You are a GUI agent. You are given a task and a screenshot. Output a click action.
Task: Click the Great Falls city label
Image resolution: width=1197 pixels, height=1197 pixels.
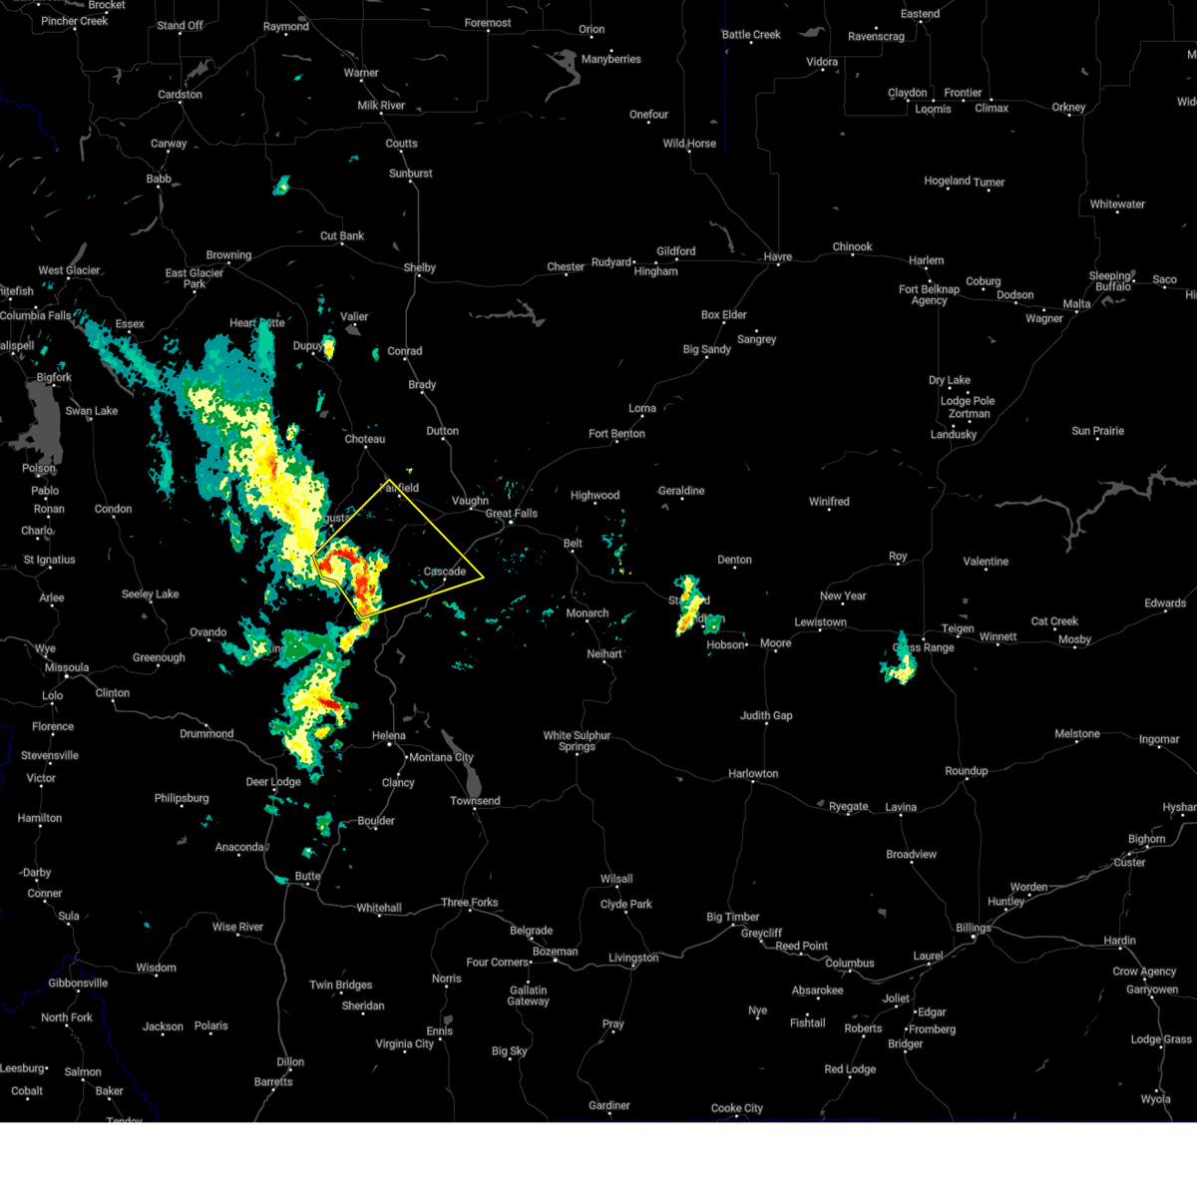pos(511,514)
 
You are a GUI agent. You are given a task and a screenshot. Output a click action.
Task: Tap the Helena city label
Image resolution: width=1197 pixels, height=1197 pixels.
pos(389,736)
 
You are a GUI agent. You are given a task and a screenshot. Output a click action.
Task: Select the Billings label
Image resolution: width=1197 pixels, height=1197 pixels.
pos(973,928)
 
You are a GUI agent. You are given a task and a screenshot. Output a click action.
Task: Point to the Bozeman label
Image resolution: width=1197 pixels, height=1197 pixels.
pos(555,952)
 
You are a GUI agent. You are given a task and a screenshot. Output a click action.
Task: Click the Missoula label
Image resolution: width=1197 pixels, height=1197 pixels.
pos(67,667)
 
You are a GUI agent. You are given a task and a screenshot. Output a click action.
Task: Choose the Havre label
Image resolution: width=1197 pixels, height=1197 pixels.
pos(777,257)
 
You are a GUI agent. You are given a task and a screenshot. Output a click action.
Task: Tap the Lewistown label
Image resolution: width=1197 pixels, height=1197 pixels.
pos(820,622)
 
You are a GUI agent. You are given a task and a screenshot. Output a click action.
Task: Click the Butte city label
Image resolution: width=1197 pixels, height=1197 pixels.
pos(307,877)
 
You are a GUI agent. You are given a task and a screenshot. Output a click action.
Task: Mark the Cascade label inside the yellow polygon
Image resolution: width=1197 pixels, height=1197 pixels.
pos(445,572)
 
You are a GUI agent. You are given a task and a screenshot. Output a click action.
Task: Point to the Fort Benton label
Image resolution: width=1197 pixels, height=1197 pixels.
pos(616,434)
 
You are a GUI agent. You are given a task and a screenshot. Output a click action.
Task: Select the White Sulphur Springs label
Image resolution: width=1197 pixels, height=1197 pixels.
pos(577,741)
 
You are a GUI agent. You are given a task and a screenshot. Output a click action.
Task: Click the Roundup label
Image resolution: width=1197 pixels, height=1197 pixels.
pos(966,771)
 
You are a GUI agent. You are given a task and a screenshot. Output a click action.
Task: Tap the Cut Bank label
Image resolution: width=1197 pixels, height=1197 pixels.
pos(342,236)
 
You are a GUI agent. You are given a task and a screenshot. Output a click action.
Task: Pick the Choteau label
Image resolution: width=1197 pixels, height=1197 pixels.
pos(364,440)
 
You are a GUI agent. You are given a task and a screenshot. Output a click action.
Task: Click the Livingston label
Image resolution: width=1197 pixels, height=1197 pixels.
pos(633,959)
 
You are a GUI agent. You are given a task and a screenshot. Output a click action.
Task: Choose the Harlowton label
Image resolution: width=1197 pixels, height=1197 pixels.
pos(753,774)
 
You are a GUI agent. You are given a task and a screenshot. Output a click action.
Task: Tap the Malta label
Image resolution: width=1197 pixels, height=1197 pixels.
pos(1076,304)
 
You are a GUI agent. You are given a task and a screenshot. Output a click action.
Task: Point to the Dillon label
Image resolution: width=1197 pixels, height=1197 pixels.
pos(290,1062)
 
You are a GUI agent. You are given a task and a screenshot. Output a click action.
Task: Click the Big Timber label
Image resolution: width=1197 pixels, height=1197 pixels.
pos(733,918)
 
